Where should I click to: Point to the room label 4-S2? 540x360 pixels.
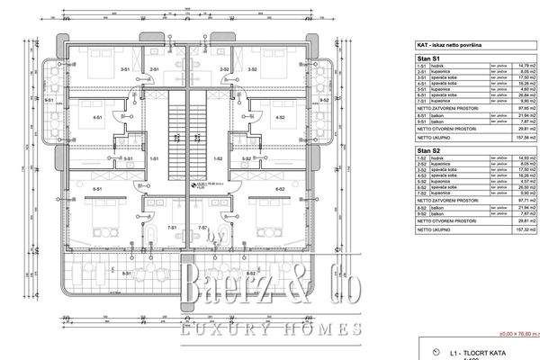tap(279, 119)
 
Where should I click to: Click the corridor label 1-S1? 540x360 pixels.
tap(154, 158)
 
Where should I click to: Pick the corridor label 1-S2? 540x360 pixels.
tap(218, 158)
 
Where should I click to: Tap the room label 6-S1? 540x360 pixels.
tap(95, 189)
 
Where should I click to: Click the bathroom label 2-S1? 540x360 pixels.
tap(154, 69)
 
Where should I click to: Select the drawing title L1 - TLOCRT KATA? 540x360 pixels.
tap(468, 352)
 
